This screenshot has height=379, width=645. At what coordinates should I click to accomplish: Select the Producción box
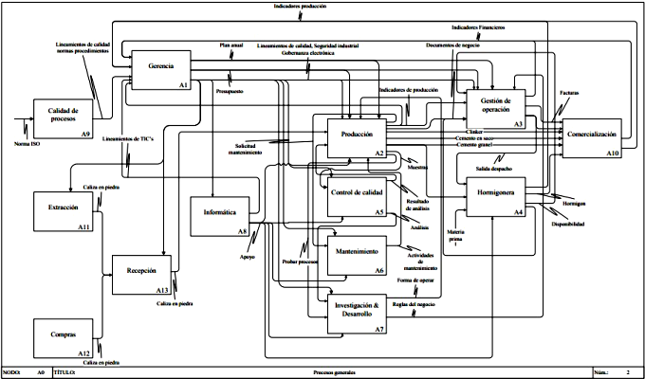pos(356,136)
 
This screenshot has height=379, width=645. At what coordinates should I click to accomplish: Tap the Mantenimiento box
pos(356,255)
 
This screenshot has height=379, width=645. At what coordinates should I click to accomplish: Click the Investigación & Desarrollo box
pos(356,314)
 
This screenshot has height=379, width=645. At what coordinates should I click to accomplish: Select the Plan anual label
pos(231,45)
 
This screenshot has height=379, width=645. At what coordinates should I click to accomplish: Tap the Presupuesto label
pos(230,93)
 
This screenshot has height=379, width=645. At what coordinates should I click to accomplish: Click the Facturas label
pos(569,92)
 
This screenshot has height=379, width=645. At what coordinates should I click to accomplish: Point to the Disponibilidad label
pos(569,224)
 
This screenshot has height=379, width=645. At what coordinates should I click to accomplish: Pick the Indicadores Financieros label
pos(478,27)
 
